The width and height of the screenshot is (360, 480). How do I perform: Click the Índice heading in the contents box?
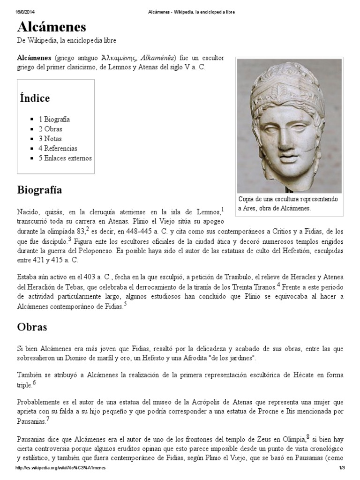point(35,98)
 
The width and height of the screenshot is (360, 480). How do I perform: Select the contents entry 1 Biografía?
point(54,120)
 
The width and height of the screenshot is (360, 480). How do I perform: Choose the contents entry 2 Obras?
point(50,129)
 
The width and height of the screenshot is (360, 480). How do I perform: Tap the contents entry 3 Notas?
point(50,139)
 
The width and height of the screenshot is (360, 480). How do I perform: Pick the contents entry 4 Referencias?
point(58,149)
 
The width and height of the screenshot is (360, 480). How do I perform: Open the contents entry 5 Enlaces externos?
point(65,158)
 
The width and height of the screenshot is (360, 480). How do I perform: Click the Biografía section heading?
point(39,190)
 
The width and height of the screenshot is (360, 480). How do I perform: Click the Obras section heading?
point(32,327)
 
